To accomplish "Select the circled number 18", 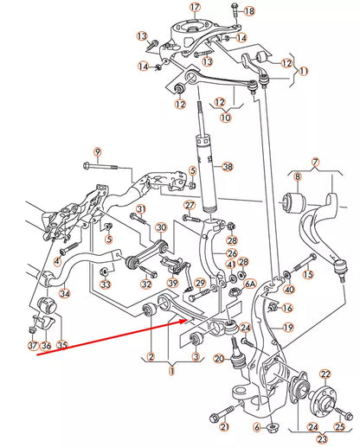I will pyautogui.click(x=250, y=11).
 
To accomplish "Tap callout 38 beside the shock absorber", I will pyautogui.click(x=228, y=168).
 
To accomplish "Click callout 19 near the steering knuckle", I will pyautogui.click(x=287, y=328).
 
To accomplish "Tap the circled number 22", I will pyautogui.click(x=325, y=374).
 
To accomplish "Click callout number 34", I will pyautogui.click(x=64, y=294).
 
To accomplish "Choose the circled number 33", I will pyautogui.click(x=105, y=284).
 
